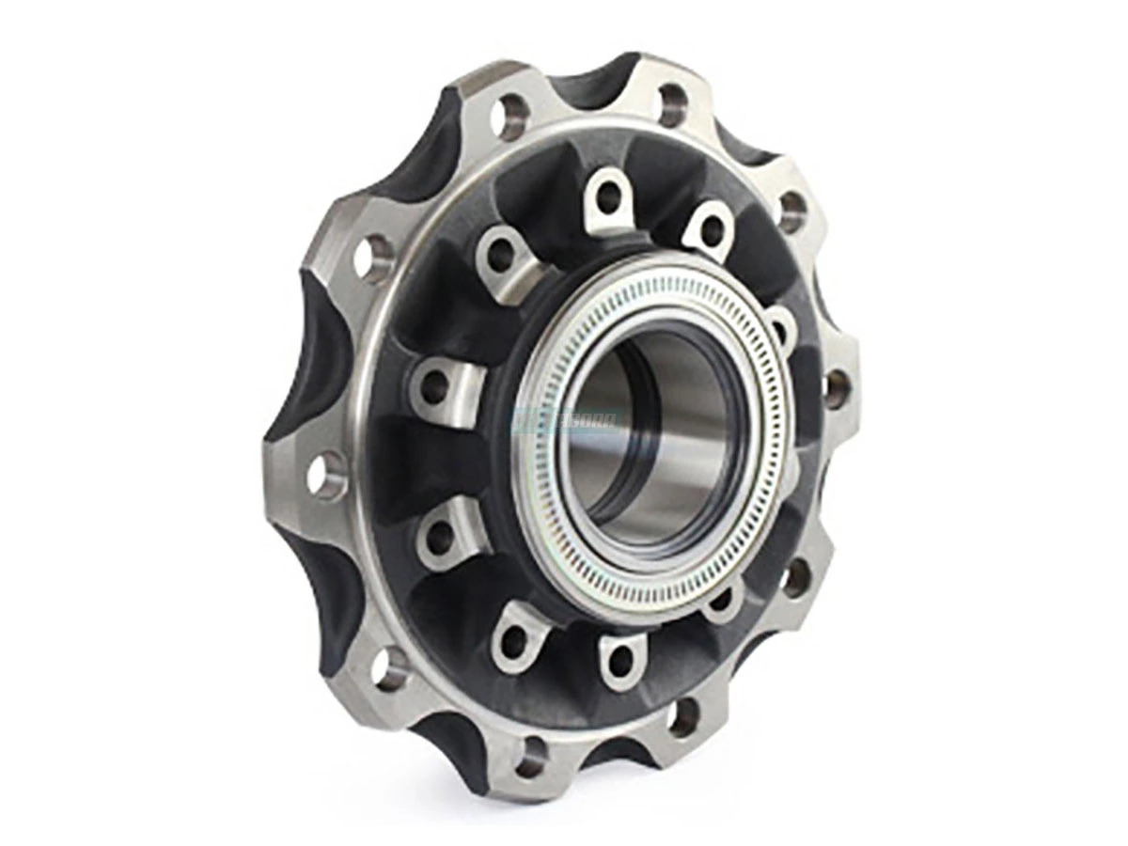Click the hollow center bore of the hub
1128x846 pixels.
click(x=649, y=432)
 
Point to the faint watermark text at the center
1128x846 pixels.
click(x=564, y=420)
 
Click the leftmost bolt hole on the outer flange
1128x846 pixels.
click(x=324, y=476)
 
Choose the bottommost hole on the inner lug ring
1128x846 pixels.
click(x=619, y=661)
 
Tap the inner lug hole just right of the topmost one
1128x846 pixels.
click(x=712, y=228)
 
